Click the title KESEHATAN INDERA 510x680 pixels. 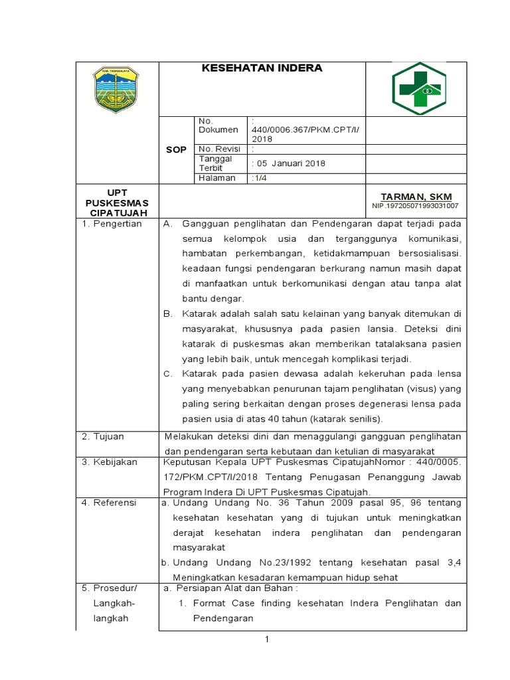(262, 68)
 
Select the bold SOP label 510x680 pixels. (176, 150)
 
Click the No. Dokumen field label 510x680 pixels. (214, 126)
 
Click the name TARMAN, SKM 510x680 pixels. (416, 197)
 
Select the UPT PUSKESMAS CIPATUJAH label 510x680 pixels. (117, 202)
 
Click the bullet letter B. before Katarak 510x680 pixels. (167, 313)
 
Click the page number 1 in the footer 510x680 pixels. (266, 639)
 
